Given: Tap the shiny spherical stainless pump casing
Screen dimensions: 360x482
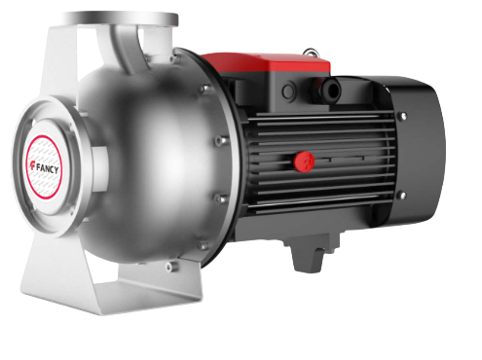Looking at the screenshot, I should point(146,146).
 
